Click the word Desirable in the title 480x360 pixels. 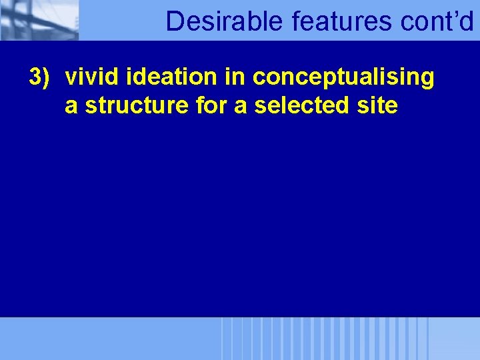(225, 21)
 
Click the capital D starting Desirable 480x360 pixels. (174, 21)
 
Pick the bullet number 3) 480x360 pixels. (39, 77)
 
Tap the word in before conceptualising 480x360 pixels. (235, 77)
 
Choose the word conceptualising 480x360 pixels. (343, 79)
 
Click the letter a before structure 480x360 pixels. (70, 107)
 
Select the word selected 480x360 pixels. (299, 107)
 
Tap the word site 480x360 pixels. (377, 107)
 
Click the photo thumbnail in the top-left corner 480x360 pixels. (39, 20)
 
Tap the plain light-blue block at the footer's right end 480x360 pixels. (454, 339)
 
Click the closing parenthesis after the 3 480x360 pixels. (47, 78)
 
